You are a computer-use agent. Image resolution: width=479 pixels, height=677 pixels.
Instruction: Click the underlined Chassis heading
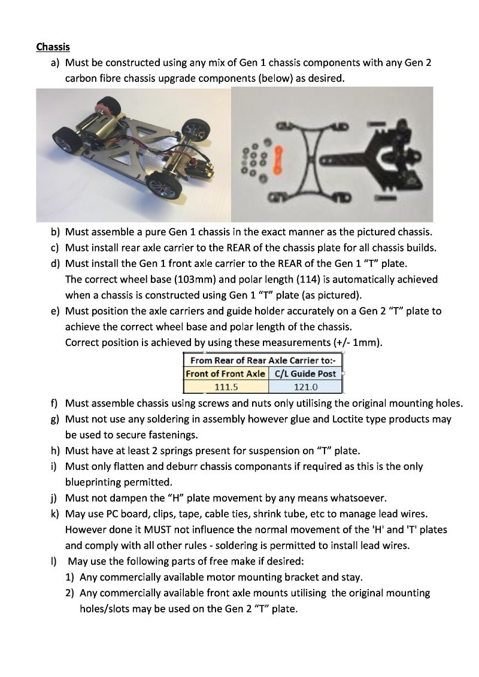point(53,47)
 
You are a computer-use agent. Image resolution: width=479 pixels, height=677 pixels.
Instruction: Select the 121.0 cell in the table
point(305,386)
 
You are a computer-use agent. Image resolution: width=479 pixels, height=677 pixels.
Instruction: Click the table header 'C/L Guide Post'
point(305,374)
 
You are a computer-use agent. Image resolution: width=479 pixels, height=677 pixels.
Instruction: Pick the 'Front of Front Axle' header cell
point(226,374)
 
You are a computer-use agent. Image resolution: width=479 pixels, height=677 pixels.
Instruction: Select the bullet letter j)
point(54,497)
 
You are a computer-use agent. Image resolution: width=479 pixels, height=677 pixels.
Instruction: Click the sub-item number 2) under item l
point(71,593)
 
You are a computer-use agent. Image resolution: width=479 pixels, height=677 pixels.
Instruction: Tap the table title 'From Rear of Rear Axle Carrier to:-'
point(265,360)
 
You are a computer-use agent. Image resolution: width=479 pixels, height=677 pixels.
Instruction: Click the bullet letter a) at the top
point(54,62)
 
